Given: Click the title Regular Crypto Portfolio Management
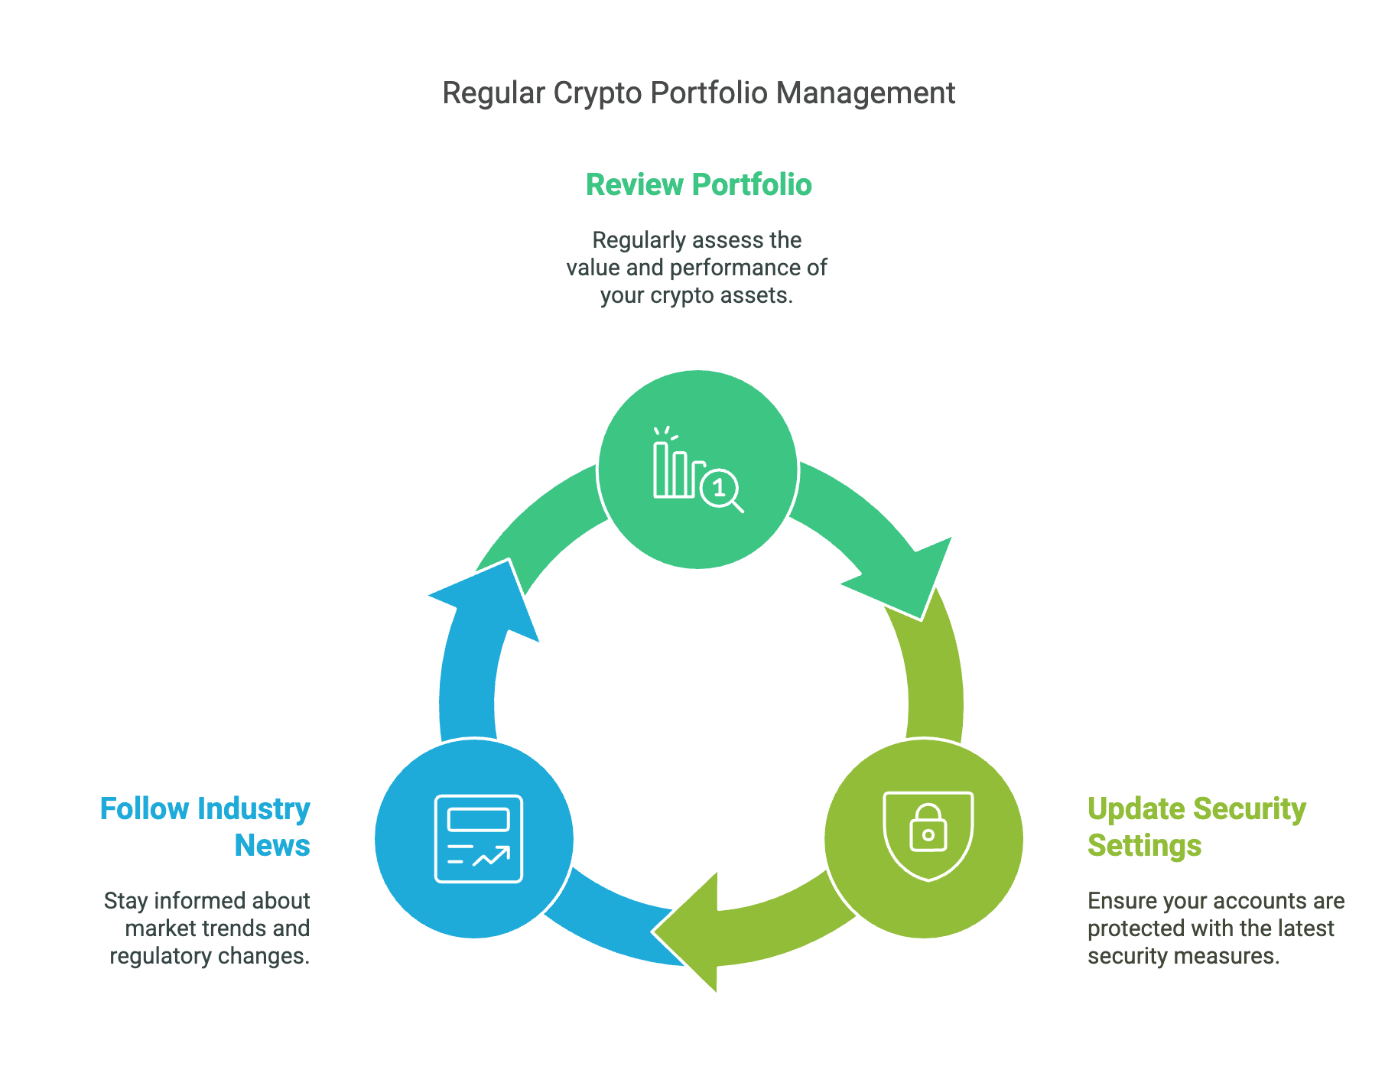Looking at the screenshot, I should tap(698, 93).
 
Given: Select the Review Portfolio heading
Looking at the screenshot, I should tap(698, 185).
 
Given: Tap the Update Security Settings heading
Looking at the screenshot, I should tap(1196, 827).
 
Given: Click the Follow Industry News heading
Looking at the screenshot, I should tap(205, 827).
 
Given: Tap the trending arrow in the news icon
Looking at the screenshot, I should tap(492, 857).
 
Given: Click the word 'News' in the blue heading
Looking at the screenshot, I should tap(272, 845).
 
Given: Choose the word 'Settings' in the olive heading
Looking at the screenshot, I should tap(1144, 845).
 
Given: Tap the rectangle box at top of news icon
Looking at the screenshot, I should tap(479, 819).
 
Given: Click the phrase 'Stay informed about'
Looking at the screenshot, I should tap(206, 901).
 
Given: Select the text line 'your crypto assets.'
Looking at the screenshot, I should tap(696, 295).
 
